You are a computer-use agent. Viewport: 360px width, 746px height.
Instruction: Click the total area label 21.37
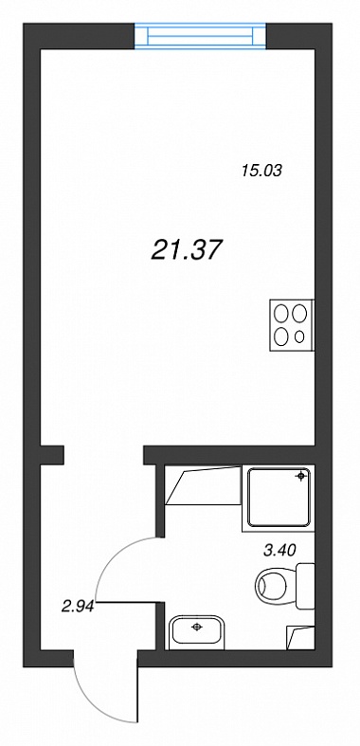click(x=187, y=250)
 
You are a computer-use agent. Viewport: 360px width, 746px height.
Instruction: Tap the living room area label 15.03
click(x=261, y=171)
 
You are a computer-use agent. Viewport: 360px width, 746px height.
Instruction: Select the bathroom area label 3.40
click(x=279, y=551)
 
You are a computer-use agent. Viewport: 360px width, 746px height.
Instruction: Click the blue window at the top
click(x=200, y=37)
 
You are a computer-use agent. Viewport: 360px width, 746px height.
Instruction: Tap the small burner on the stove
click(x=299, y=337)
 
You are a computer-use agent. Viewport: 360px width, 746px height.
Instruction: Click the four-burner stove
click(x=292, y=325)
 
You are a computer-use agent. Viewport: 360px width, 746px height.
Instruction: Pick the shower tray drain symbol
click(x=300, y=476)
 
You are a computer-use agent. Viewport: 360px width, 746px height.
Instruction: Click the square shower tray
click(x=279, y=498)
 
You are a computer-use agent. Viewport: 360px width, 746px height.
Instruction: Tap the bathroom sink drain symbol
click(x=196, y=628)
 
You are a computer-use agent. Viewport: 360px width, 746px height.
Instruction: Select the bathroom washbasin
click(x=197, y=631)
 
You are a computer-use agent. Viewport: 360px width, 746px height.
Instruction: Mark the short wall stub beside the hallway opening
click(x=52, y=455)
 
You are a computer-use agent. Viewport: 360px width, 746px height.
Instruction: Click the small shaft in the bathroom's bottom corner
click(x=300, y=638)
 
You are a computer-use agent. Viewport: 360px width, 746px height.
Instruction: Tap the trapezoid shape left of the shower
click(x=203, y=485)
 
